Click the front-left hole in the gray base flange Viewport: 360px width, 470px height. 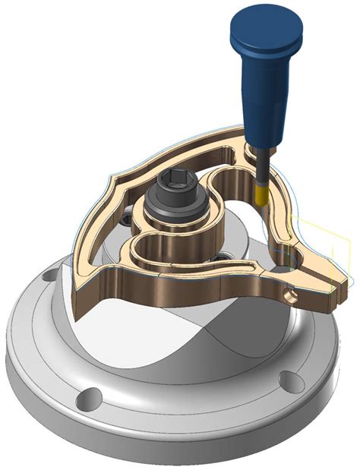coord(90,394)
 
